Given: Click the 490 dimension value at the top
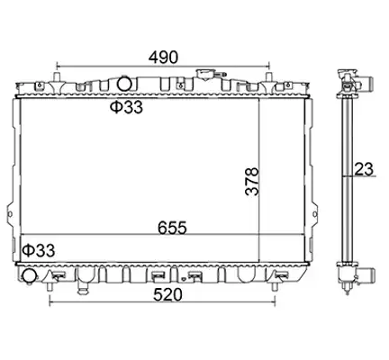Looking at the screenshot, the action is point(163,57).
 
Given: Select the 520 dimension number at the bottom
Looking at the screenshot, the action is point(167,294).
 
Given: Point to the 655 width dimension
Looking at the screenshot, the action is point(172,228).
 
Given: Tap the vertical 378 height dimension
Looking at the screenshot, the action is point(251,182).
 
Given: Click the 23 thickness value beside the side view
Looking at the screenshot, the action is point(364,169).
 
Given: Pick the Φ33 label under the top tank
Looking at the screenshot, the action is point(126,107).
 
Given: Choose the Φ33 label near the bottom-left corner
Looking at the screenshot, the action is point(39,250).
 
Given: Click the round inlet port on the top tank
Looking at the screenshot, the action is point(123,84).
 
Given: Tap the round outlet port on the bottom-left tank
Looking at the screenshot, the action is point(30,276).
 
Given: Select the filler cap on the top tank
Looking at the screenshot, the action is point(204,75).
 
